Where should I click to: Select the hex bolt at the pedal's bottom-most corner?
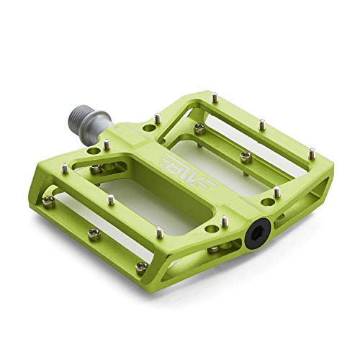[141, 266]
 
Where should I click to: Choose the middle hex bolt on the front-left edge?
[94, 232]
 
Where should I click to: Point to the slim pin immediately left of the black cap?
[224, 220]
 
